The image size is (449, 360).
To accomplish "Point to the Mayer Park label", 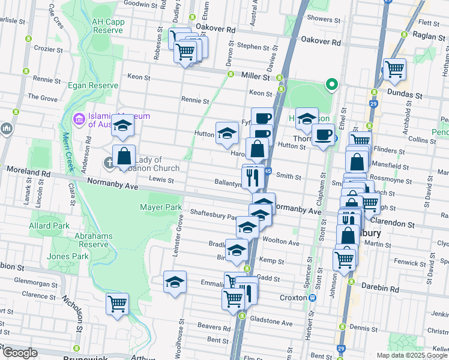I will pos(161,207).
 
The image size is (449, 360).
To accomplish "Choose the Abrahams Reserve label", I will pos(94,240).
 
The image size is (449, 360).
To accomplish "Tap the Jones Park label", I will pos(67,256).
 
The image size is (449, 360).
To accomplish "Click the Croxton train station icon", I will pos(312,298).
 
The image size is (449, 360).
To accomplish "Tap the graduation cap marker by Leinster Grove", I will pos(175,281).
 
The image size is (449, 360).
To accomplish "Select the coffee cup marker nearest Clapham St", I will pos(323,134).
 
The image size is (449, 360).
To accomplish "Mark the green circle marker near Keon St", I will pos(330,84).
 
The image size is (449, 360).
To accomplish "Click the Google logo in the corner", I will pos(20,353).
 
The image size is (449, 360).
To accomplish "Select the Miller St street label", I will pos(256,77).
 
